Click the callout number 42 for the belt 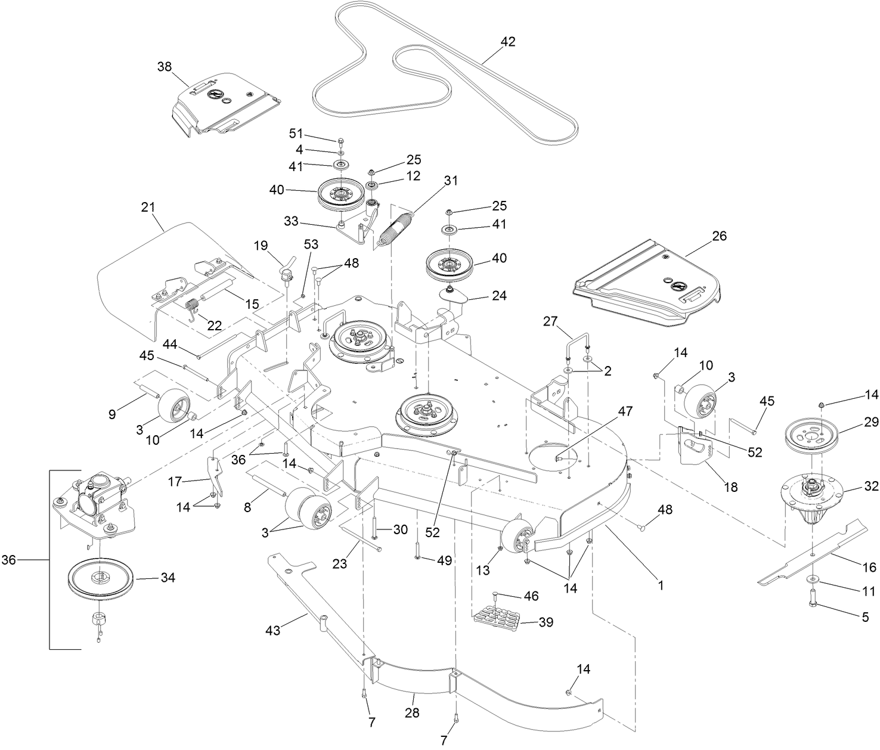tap(508, 42)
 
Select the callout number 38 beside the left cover tap(164, 66)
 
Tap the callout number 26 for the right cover tap(719, 235)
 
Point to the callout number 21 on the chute tap(148, 207)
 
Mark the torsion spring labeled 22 tap(193, 309)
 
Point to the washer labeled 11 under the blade tap(813, 579)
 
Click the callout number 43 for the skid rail tap(273, 630)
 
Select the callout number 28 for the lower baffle tap(412, 712)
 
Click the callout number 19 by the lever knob tap(261, 245)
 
